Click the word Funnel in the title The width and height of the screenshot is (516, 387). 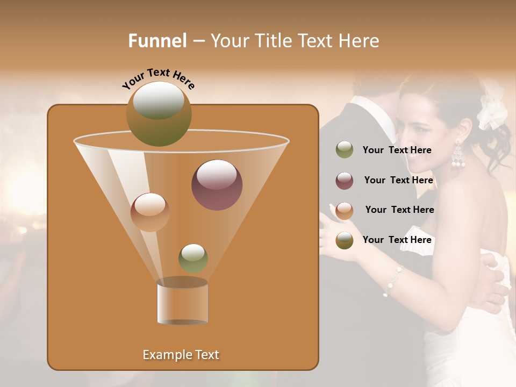pyautogui.click(x=157, y=41)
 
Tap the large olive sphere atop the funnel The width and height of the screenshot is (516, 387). pyautogui.click(x=159, y=113)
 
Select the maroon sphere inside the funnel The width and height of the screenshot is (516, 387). pyautogui.click(x=217, y=184)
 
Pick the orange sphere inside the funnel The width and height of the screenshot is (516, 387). pyautogui.click(x=150, y=212)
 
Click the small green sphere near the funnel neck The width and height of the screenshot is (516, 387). pyautogui.click(x=193, y=258)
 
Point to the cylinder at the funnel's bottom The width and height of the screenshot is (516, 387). pyautogui.click(x=182, y=302)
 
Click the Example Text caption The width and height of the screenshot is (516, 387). pyautogui.click(x=181, y=355)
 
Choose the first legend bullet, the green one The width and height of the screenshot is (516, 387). pyautogui.click(x=345, y=150)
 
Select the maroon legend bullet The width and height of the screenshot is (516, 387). pyautogui.click(x=345, y=180)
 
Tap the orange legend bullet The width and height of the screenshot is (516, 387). pyautogui.click(x=345, y=210)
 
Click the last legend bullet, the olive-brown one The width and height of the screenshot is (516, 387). pyautogui.click(x=345, y=240)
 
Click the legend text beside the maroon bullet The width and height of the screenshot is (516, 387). pyautogui.click(x=398, y=180)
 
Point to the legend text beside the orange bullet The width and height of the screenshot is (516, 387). pyautogui.click(x=399, y=210)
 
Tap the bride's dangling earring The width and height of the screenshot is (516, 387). pyautogui.click(x=458, y=156)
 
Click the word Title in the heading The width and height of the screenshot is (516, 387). pyautogui.click(x=273, y=41)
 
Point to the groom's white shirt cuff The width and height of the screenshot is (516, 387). pyautogui.click(x=417, y=237)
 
